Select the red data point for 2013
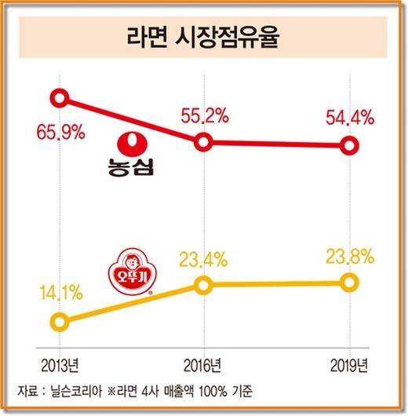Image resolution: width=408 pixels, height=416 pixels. (60, 98)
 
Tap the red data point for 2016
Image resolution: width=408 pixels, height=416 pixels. (203, 142)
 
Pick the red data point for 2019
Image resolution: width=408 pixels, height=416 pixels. (348, 146)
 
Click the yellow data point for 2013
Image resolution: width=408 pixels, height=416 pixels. (59, 321)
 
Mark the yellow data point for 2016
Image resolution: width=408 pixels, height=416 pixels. (203, 285)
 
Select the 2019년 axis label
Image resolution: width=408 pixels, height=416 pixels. (348, 365)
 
